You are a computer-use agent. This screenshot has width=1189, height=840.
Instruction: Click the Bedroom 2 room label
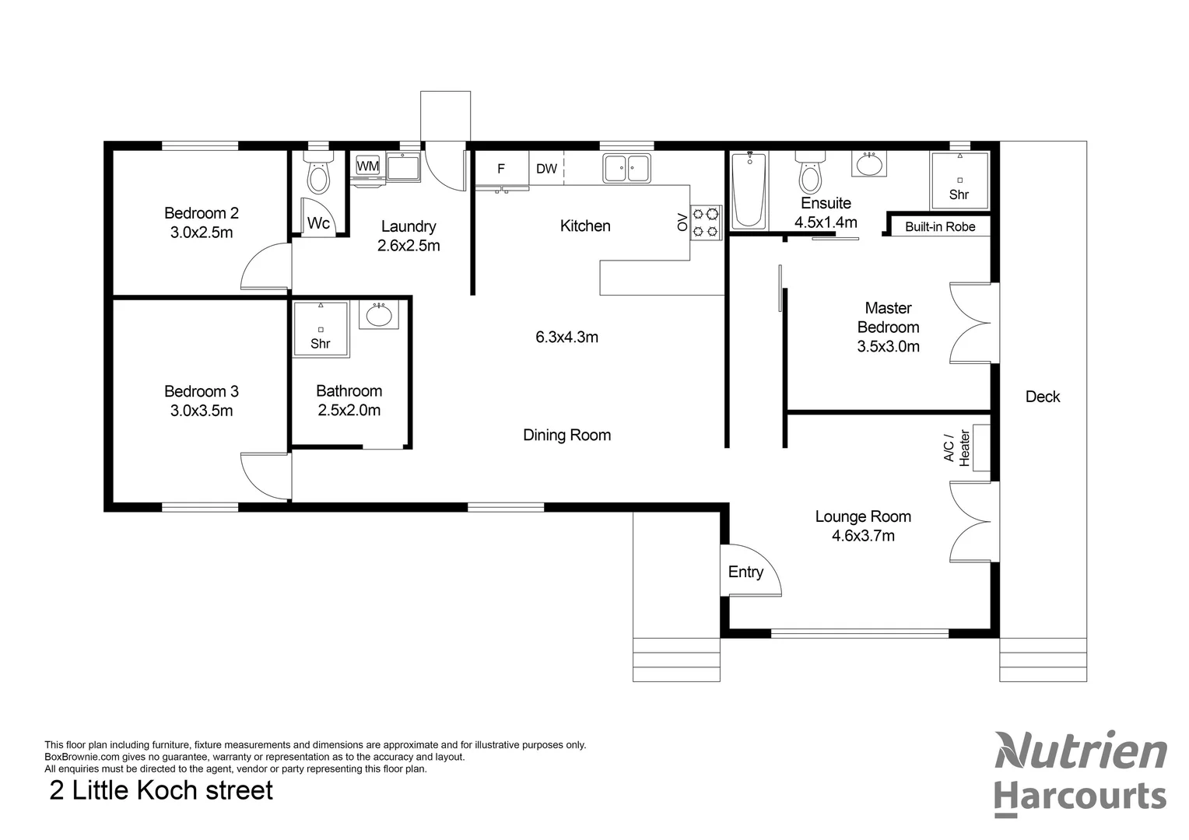point(201,213)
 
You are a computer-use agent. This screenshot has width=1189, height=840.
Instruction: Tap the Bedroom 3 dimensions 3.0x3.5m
point(201,411)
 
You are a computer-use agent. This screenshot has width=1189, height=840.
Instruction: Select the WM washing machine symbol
point(367,166)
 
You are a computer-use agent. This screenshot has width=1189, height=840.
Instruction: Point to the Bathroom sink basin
point(379,316)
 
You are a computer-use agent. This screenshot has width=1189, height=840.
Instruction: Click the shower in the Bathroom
point(321,330)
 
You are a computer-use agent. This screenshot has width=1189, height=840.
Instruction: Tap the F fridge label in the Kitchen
point(501,169)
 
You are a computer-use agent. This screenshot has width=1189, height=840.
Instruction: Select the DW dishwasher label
point(546,169)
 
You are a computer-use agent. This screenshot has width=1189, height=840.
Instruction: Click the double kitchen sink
point(626,168)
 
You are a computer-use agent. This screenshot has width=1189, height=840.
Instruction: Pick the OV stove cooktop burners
point(707,221)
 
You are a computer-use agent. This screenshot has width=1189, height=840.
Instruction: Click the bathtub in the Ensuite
point(749,191)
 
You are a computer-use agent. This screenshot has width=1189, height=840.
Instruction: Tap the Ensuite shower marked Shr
point(959,180)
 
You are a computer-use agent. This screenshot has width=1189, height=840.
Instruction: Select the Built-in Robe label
point(940,227)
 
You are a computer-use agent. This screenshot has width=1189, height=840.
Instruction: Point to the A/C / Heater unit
point(980,449)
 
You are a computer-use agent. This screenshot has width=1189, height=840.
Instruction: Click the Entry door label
point(745,572)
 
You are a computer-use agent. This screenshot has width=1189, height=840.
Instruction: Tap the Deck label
point(1042,397)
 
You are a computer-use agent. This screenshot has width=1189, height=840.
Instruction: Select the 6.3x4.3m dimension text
point(566,337)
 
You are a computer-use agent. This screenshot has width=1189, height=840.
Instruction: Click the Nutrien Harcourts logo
point(1080,774)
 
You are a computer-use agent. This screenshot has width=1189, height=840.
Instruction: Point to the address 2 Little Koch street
point(161,790)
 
